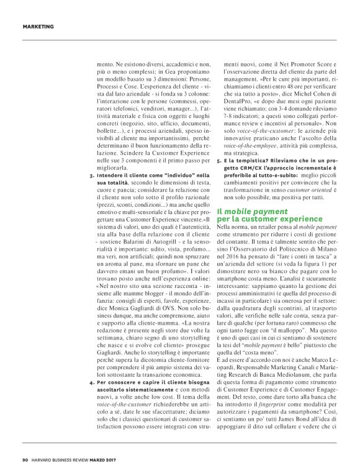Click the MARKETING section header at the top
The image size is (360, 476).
pyautogui.click(x=38, y=26)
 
